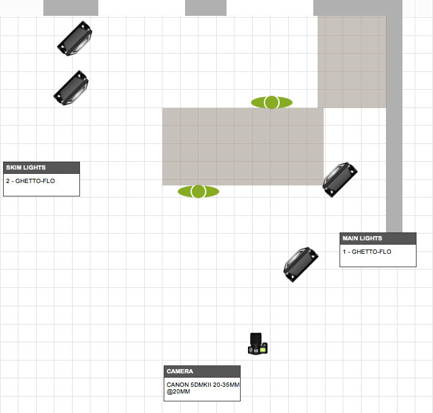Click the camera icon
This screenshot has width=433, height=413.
tap(258, 344)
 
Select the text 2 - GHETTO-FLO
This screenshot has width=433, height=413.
tap(31, 181)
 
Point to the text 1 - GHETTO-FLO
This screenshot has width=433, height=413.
tap(367, 252)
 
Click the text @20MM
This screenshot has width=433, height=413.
tap(178, 392)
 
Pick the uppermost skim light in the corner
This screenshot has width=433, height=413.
tap(75, 38)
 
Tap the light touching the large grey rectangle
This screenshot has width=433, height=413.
tap(340, 179)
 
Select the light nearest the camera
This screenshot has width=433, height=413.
tap(301, 264)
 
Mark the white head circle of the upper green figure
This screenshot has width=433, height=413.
tap(272, 102)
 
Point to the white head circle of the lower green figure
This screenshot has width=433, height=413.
tap(198, 192)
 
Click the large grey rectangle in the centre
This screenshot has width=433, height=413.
tap(242, 146)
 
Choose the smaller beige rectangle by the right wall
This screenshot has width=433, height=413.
tap(352, 61)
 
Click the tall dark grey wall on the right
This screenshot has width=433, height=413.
tap(395, 122)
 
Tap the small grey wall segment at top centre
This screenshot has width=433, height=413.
tap(205, 8)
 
